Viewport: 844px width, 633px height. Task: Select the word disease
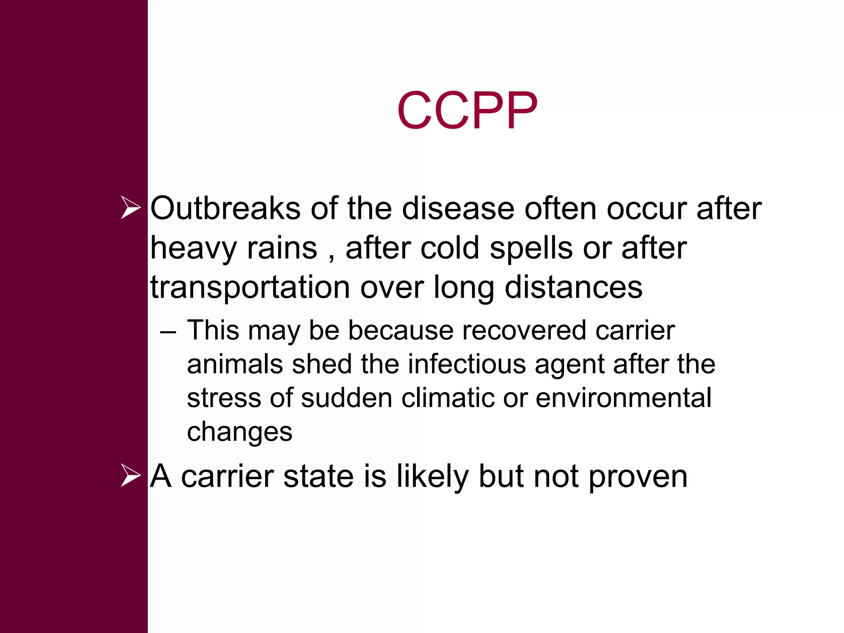click(458, 209)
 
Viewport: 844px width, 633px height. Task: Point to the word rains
click(282, 248)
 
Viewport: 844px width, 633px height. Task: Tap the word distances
click(573, 287)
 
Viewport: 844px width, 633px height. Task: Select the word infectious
click(467, 364)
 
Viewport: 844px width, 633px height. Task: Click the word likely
click(432, 477)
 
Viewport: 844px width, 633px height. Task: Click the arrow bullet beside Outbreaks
click(131, 208)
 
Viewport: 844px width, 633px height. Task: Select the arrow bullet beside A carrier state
click(131, 476)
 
